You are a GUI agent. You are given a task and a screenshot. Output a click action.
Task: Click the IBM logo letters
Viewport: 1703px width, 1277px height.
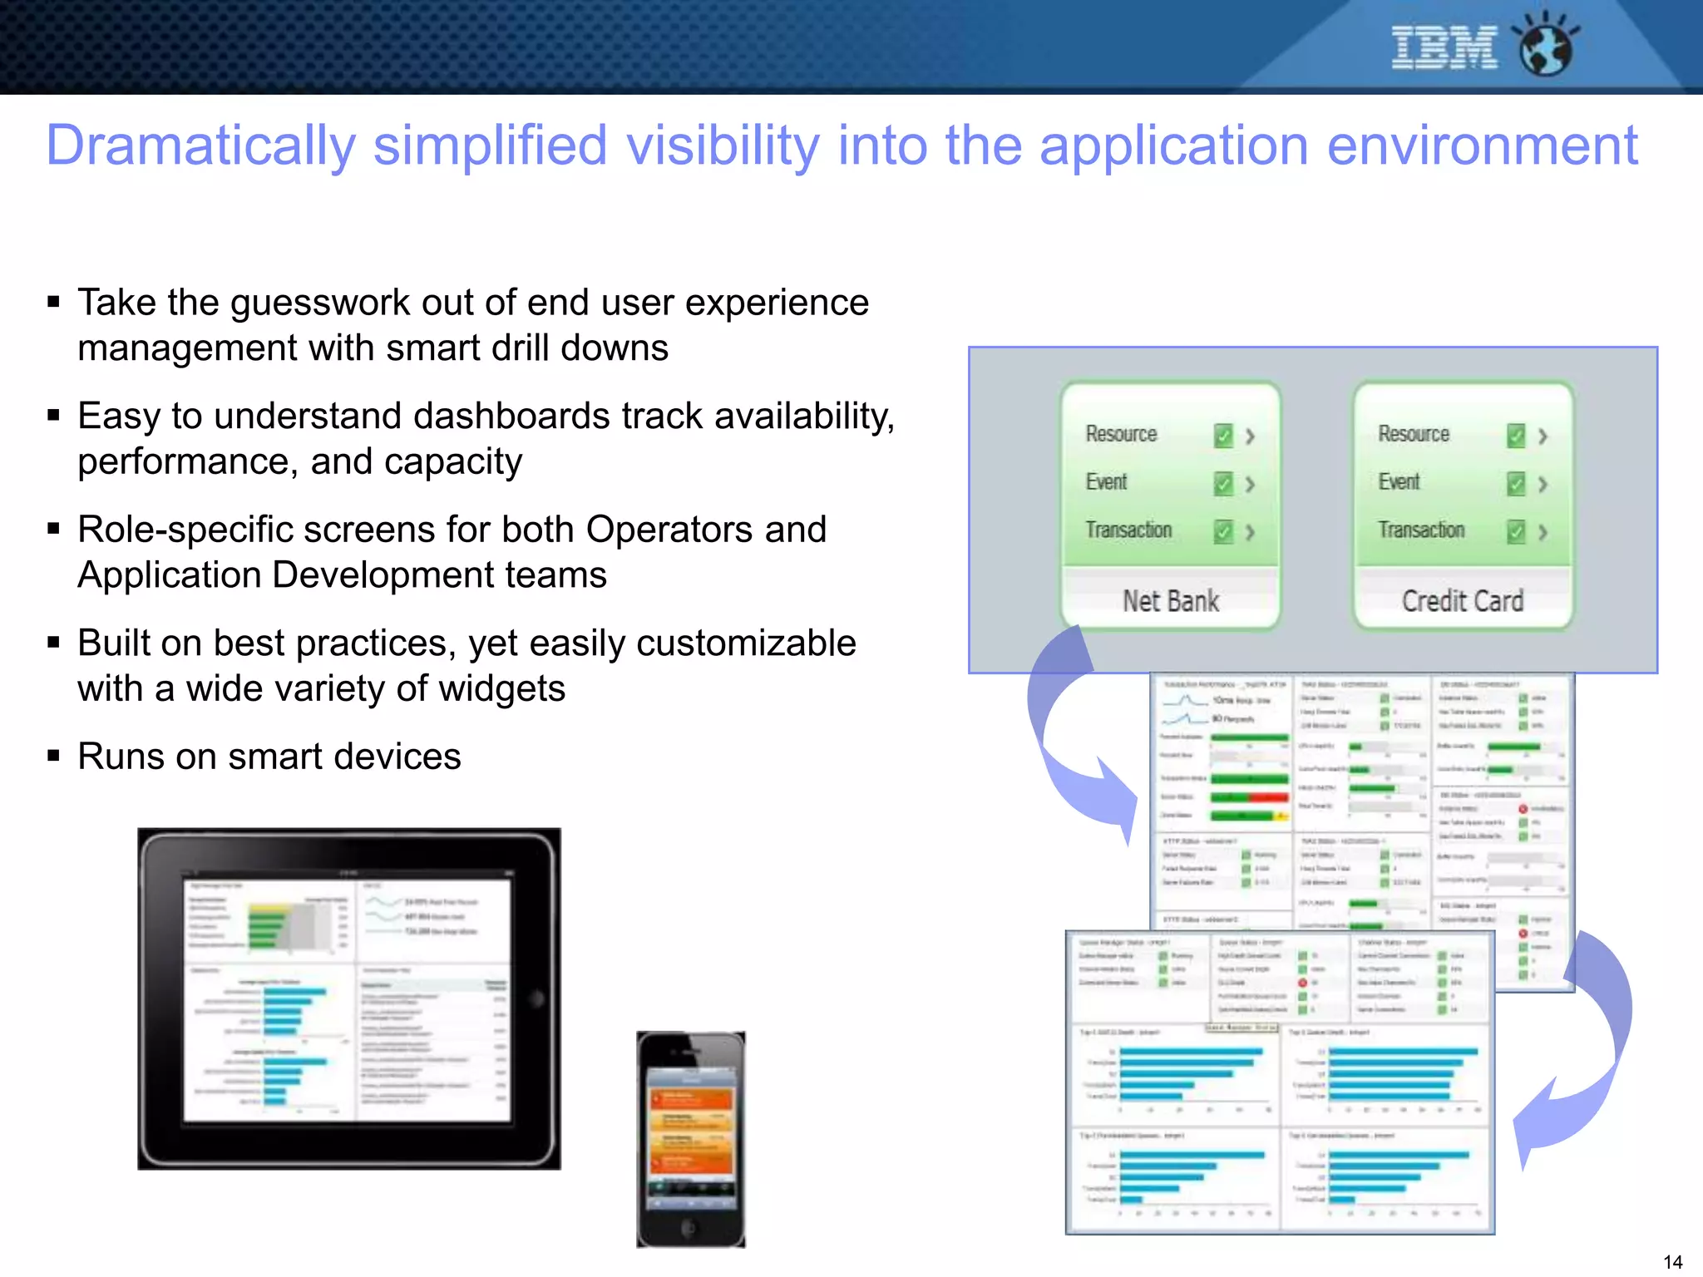[1444, 47]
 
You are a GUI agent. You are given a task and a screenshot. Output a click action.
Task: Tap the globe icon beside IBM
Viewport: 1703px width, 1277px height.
[1545, 47]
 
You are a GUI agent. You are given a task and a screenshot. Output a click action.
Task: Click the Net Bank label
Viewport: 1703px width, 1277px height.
[1170, 600]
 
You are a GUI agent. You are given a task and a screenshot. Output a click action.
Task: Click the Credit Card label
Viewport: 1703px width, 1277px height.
[1463, 600]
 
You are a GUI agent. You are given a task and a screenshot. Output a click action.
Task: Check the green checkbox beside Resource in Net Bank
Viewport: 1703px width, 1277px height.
[1222, 436]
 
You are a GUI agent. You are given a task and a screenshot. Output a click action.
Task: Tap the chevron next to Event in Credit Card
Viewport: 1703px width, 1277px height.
[1543, 484]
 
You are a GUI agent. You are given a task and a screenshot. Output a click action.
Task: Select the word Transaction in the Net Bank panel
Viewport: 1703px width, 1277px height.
[1128, 530]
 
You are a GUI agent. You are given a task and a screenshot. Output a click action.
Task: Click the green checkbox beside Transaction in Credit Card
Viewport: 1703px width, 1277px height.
[1516, 531]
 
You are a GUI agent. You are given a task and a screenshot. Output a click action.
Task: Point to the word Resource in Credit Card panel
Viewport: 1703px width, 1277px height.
[1414, 434]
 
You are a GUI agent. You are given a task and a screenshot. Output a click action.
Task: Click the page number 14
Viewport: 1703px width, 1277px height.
[1672, 1261]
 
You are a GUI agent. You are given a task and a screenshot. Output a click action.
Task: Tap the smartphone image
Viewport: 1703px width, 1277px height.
[690, 1139]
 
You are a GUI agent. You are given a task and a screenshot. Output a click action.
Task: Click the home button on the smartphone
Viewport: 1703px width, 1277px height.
[689, 1227]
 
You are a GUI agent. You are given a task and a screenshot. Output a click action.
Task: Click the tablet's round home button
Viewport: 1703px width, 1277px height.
[536, 998]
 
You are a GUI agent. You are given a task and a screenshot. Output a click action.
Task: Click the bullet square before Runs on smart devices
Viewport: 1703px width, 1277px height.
[54, 756]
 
